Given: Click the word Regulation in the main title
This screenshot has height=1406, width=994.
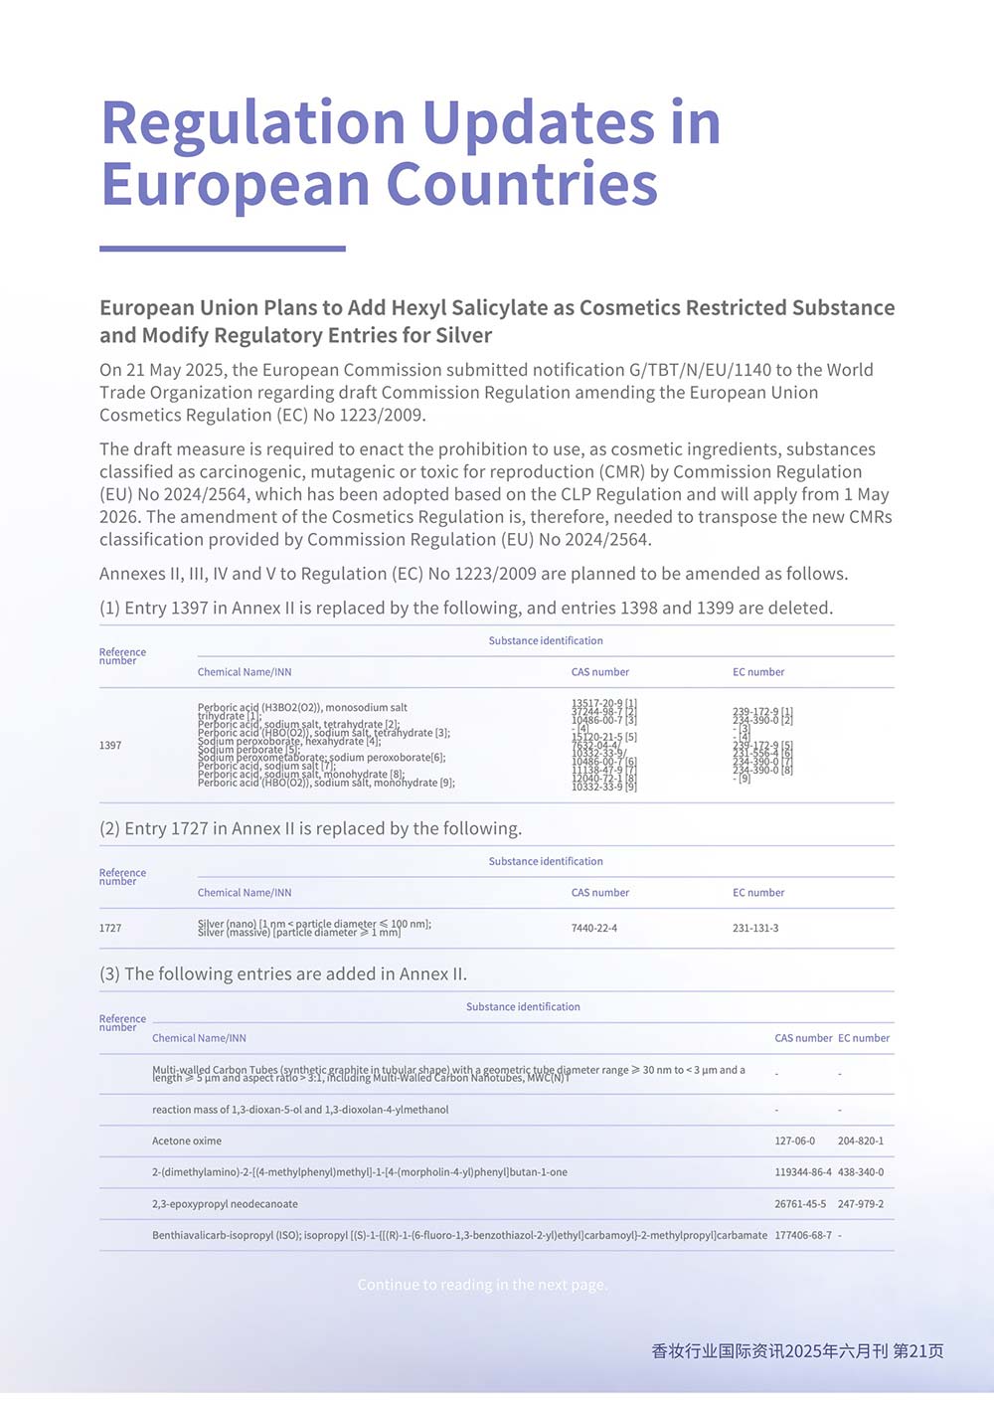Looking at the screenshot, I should [x=254, y=123].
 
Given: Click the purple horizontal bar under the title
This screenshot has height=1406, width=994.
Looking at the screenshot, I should [x=223, y=249].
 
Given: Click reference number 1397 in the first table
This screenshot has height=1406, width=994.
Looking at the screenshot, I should [x=110, y=745].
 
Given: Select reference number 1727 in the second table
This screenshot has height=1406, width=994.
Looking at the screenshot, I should [x=110, y=928].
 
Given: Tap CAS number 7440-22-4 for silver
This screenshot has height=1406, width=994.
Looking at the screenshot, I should [x=594, y=928].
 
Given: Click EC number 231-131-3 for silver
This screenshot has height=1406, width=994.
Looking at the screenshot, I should [x=755, y=928].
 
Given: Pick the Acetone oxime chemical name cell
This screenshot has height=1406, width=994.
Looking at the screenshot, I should [x=187, y=1141].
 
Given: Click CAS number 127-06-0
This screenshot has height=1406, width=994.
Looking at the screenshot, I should [x=795, y=1141].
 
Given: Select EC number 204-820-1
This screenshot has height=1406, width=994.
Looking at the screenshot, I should [x=861, y=1141].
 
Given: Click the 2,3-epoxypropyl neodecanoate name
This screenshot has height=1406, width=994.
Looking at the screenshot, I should [x=225, y=1204].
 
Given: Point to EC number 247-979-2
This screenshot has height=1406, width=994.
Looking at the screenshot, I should [x=861, y=1204].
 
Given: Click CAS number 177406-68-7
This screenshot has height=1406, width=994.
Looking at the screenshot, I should [x=803, y=1235].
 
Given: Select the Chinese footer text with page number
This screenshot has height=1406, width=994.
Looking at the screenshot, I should [x=797, y=1350].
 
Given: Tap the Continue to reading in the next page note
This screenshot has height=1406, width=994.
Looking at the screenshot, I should [x=482, y=1285].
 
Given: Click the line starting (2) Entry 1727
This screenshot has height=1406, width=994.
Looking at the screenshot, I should [x=310, y=828].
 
